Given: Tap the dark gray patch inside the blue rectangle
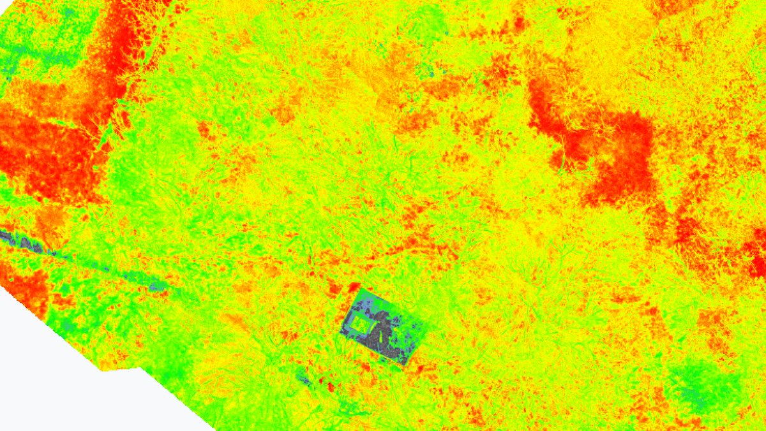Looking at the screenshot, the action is [384, 331].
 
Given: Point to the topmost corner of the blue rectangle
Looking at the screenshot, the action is [360, 285].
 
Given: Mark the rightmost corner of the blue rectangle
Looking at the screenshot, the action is [424, 326].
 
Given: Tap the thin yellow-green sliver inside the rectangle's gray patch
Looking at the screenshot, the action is [378, 329].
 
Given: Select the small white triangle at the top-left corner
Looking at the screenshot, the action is [3, 3].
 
